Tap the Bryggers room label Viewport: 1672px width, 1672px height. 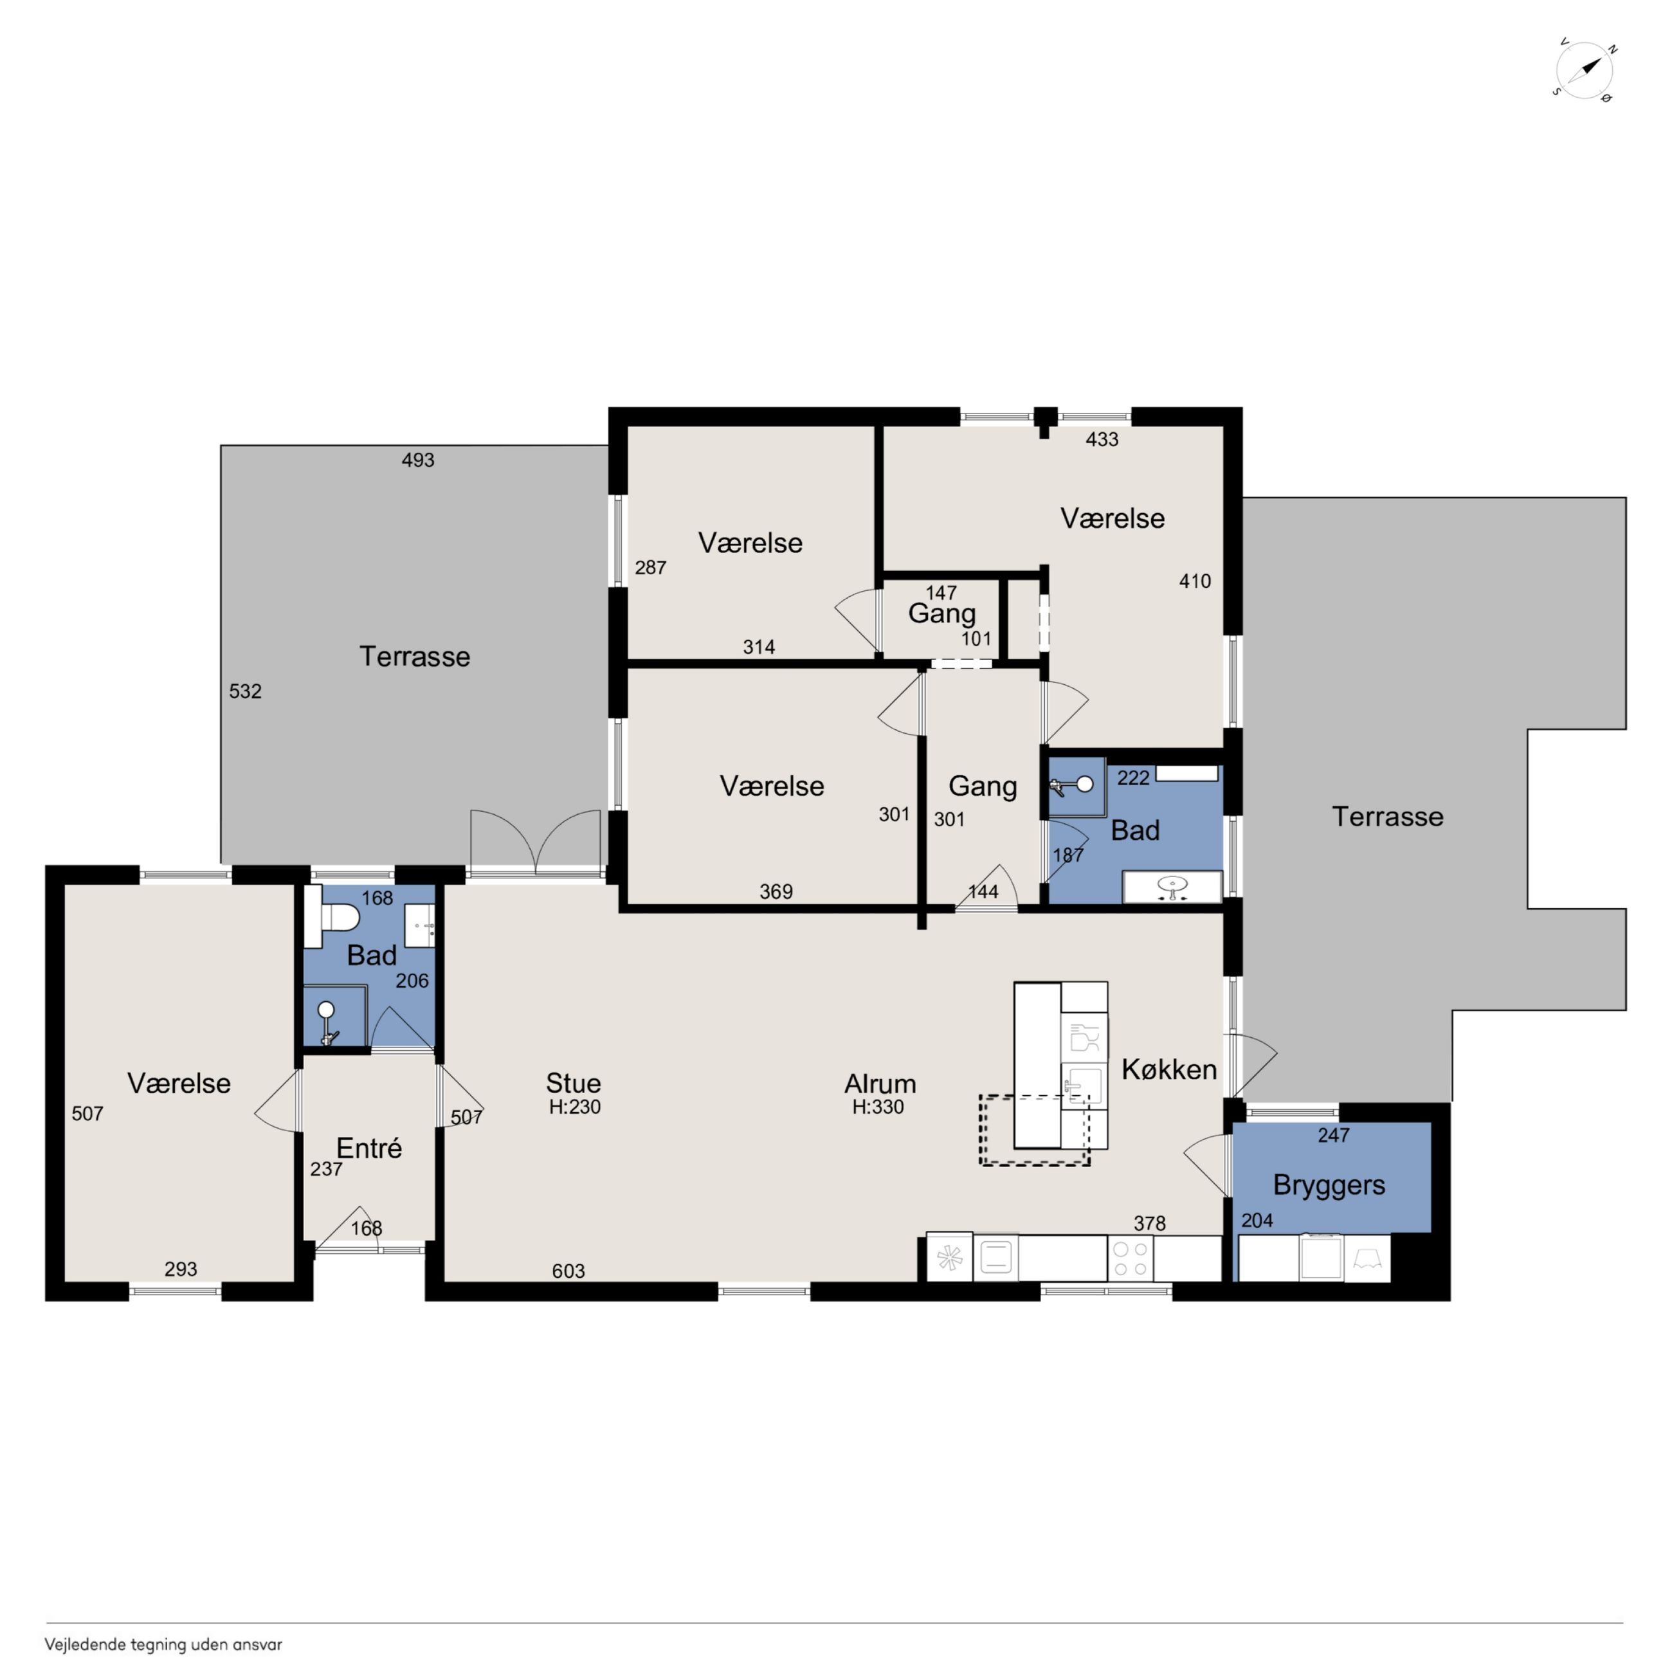(x=1329, y=1185)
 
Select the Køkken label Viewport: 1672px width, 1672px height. (x=1169, y=1069)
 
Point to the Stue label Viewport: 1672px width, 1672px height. (x=573, y=1083)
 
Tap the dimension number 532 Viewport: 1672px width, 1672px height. (x=245, y=691)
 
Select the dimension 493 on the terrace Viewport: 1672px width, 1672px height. (x=418, y=460)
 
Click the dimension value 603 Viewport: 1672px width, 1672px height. (x=568, y=1271)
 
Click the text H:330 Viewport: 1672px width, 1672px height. (x=878, y=1107)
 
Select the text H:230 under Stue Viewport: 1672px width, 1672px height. (x=575, y=1107)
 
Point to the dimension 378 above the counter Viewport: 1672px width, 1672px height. (x=1149, y=1224)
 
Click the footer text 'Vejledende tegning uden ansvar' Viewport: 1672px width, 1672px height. (x=163, y=1644)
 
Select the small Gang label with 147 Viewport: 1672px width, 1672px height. (x=941, y=613)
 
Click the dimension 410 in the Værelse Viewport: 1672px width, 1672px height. (x=1195, y=581)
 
